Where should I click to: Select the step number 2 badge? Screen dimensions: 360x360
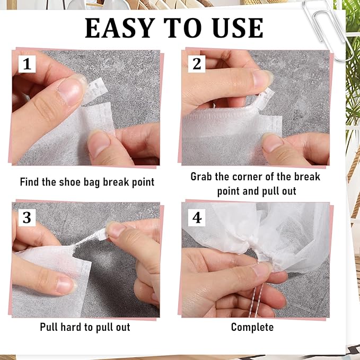[x=197, y=64]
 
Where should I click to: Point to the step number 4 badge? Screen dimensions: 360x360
[x=197, y=217]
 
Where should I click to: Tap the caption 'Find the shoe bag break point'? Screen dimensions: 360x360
[x=87, y=182]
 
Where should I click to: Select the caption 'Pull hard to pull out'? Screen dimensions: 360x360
[x=85, y=327]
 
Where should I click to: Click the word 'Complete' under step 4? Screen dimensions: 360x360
[x=252, y=327]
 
